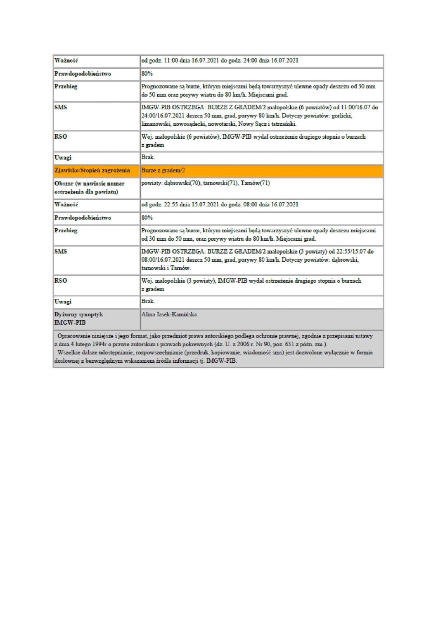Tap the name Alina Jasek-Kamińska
coord(169,314)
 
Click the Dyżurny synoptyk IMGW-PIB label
coord(78,318)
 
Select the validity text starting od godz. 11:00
coord(220,61)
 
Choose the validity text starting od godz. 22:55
coord(220,205)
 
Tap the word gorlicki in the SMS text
coord(342,116)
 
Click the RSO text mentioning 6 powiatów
coord(253,137)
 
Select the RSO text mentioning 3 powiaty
coord(251,281)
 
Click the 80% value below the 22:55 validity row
coord(147,217)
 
